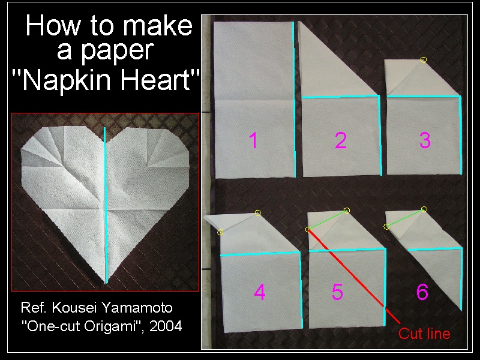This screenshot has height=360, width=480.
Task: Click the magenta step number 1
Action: (253, 140)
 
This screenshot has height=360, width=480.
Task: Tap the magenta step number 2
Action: (341, 140)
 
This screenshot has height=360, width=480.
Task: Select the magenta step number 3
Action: (425, 140)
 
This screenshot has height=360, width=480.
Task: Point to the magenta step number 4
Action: (260, 292)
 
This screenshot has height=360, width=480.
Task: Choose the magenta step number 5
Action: (337, 292)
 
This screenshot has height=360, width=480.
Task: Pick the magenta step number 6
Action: (422, 292)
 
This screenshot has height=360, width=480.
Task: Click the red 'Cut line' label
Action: (424, 334)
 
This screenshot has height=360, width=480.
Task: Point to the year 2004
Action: (166, 326)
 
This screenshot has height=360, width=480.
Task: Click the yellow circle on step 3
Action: (424, 60)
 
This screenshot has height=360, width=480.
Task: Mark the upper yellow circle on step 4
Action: (258, 213)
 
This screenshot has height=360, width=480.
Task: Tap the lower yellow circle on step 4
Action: (220, 232)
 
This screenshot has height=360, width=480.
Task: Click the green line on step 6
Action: (406, 218)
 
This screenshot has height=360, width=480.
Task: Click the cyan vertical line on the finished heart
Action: (106, 205)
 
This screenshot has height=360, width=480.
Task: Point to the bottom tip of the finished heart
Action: (106, 283)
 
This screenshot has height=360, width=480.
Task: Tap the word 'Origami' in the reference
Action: (109, 326)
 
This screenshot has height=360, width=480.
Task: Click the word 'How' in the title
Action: (53, 26)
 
